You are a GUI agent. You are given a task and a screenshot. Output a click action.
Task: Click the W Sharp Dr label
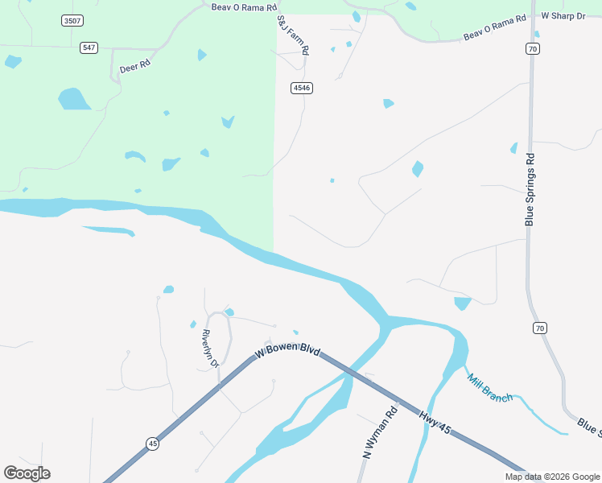[563, 15]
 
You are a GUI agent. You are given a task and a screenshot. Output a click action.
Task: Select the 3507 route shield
[72, 20]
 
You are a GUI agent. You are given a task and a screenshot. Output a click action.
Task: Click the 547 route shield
[89, 48]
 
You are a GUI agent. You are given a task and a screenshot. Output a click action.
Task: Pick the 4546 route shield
[302, 87]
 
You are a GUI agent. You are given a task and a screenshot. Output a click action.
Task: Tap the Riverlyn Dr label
[211, 349]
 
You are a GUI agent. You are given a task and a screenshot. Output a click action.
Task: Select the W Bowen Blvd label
[287, 352]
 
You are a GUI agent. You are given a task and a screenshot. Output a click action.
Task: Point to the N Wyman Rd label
[381, 433]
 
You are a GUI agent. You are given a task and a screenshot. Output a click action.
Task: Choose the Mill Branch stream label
[489, 387]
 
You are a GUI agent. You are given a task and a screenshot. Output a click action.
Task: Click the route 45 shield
[152, 443]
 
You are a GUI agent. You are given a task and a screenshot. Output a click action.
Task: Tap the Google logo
[27, 473]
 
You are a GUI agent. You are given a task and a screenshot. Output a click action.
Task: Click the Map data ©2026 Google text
[552, 477]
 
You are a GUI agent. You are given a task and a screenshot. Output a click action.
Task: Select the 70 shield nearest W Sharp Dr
[533, 49]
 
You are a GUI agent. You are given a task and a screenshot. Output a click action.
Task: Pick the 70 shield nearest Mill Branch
[539, 328]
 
